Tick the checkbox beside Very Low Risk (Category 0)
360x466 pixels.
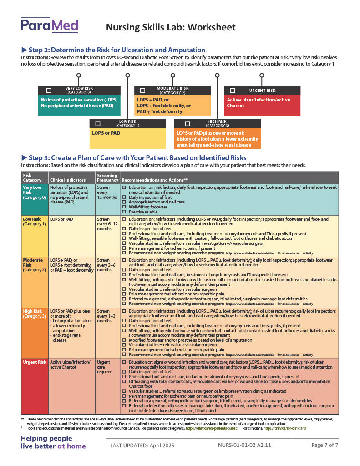click(x=49, y=90)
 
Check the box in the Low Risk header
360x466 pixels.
click(x=97, y=123)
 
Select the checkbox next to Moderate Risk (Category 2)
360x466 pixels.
click(x=142, y=91)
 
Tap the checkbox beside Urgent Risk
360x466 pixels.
click(x=233, y=90)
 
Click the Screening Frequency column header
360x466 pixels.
click(x=107, y=177)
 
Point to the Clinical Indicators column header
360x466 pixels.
click(x=67, y=180)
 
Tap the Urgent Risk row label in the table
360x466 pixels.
click(x=35, y=362)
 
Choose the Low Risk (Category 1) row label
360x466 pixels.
click(x=35, y=222)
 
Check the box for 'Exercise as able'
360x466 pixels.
click(x=124, y=212)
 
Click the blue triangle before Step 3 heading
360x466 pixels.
click(x=24, y=157)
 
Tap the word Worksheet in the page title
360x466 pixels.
click(x=213, y=27)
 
